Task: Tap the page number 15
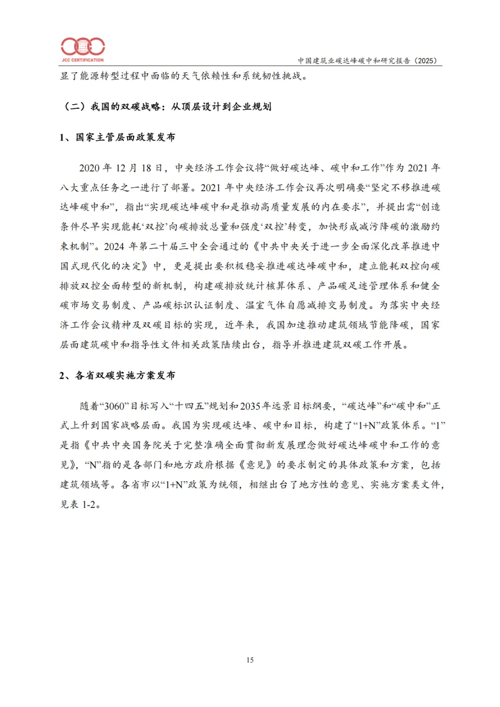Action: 250,660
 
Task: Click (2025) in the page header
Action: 425,61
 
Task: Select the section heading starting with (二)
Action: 167,106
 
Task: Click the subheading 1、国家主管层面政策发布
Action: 118,137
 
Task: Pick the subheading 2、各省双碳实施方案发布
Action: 118,375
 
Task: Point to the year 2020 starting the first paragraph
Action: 90,168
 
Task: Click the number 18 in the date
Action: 146,168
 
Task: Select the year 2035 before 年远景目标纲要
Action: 250,406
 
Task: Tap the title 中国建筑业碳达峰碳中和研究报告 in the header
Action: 354,61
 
